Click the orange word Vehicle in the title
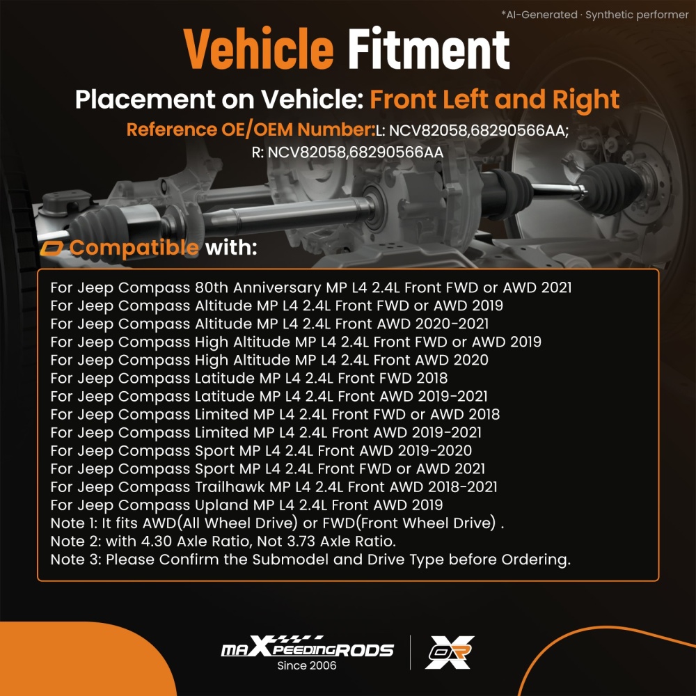[258, 49]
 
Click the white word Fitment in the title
[429, 49]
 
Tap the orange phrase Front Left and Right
[494, 100]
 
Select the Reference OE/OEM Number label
[251, 129]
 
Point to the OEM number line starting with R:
[347, 152]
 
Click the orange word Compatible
[134, 247]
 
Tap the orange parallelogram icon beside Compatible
[52, 248]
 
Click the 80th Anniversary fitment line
[311, 287]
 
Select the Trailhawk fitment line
[274, 487]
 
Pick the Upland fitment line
[247, 505]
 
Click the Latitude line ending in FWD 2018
[249, 378]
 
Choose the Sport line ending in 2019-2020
[261, 450]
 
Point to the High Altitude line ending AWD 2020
[269, 360]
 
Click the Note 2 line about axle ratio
[223, 541]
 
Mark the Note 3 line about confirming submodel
[310, 560]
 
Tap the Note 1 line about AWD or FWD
[278, 523]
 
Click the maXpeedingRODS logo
[307, 647]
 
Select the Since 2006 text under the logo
[307, 666]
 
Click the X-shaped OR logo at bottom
[450, 652]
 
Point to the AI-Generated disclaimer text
[595, 15]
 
